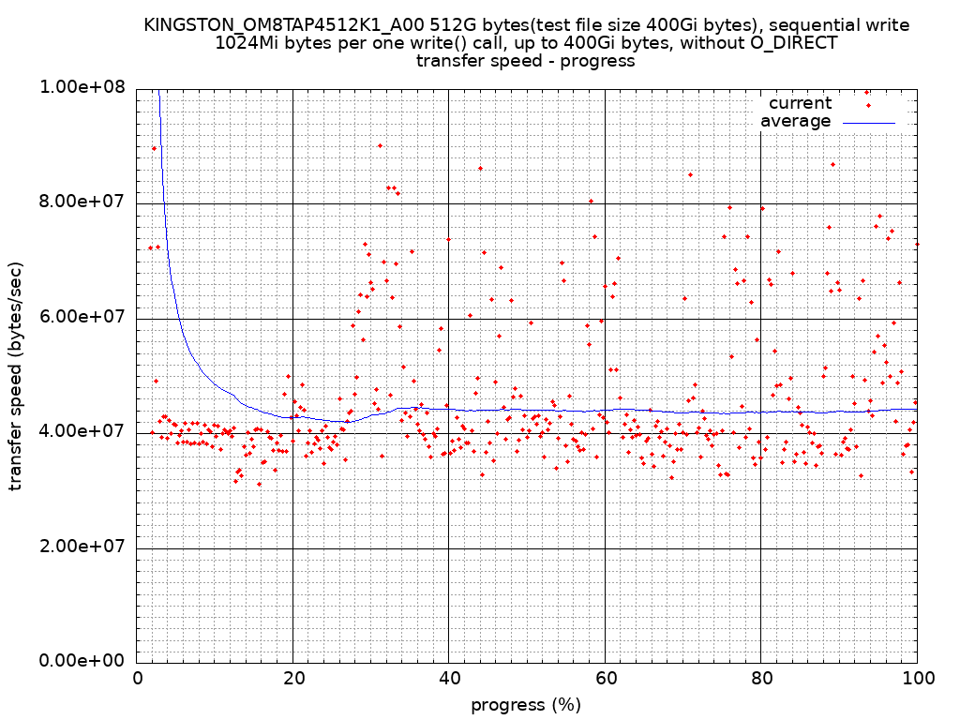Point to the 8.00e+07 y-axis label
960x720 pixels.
[x=83, y=202]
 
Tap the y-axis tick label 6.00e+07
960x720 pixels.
[x=83, y=318]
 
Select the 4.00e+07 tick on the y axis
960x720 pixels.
[x=83, y=432]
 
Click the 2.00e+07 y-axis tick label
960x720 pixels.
[x=83, y=547]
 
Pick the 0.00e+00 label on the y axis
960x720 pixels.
[x=83, y=662]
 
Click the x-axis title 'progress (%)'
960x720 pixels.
[x=526, y=705]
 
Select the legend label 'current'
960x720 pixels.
[x=800, y=103]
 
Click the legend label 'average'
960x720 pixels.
[x=795, y=121]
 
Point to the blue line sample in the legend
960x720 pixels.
[x=869, y=122]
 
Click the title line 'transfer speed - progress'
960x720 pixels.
[x=526, y=62]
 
